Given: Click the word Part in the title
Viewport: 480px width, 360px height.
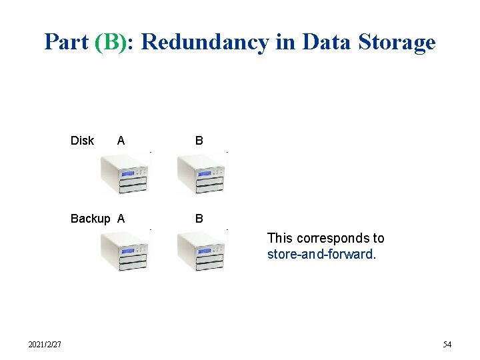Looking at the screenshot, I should tap(67, 42).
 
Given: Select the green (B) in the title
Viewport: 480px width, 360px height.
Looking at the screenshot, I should tap(115, 42).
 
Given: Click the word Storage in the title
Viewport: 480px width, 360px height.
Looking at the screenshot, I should tap(396, 42).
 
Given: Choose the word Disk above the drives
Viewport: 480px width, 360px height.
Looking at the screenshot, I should tap(82, 141).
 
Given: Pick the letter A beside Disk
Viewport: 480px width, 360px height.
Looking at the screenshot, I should tap(121, 141).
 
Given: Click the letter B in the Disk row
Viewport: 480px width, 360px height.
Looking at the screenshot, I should tap(199, 141).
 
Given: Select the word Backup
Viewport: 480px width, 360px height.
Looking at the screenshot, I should tap(91, 219).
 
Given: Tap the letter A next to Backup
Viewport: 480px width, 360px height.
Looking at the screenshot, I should tap(121, 219).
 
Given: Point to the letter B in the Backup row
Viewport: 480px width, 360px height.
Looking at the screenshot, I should tap(199, 219).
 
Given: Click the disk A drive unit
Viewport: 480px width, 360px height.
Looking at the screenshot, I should tap(124, 173).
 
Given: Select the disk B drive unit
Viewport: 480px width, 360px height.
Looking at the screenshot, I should tap(201, 173).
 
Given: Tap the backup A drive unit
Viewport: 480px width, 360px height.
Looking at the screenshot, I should tap(124, 251).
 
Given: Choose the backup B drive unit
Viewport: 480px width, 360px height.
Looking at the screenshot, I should tap(201, 251).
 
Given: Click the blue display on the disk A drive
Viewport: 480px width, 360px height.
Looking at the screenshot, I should tap(128, 172).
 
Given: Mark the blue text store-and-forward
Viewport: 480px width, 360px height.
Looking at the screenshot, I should tap(321, 254).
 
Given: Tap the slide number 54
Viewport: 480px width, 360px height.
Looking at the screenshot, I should tap(447, 345).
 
